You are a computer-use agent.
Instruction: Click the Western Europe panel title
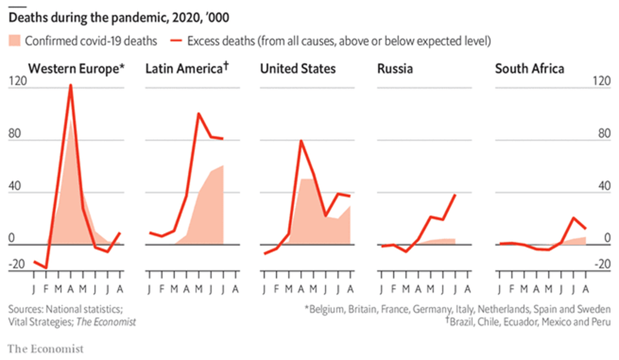pyautogui.click(x=77, y=69)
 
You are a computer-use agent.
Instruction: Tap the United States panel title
pyautogui.click(x=298, y=69)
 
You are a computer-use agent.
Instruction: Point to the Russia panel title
pyautogui.click(x=395, y=69)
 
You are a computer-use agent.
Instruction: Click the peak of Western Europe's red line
pyautogui.click(x=71, y=85)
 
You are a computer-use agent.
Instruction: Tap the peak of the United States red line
pyautogui.click(x=301, y=141)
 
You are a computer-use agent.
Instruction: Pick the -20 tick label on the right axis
pyautogui.click(x=601, y=265)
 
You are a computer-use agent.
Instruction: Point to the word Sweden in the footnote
pyautogui.click(x=595, y=309)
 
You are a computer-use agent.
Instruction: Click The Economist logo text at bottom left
pyautogui.click(x=45, y=349)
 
